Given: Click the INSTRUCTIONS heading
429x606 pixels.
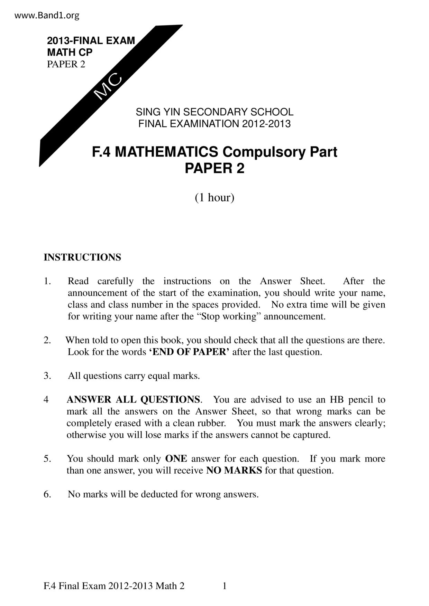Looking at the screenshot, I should click(x=82, y=257).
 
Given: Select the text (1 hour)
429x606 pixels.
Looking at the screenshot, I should click(x=214, y=198).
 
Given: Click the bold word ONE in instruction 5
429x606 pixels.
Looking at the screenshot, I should click(x=176, y=459).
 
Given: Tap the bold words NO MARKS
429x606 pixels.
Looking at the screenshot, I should click(x=234, y=471).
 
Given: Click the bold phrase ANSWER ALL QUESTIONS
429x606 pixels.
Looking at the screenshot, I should click(x=133, y=400).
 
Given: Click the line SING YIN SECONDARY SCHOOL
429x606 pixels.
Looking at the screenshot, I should click(x=214, y=112).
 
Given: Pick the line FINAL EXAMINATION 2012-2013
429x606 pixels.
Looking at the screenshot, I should click(x=214, y=124).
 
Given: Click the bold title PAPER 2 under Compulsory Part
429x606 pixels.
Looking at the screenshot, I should click(x=214, y=168).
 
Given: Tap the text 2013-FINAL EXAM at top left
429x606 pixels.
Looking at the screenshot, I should click(x=91, y=41).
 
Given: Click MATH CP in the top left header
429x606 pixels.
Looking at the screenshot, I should click(x=70, y=53).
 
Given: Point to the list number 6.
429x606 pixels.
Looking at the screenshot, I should click(x=47, y=494).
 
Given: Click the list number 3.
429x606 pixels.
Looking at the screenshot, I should click(x=47, y=376).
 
